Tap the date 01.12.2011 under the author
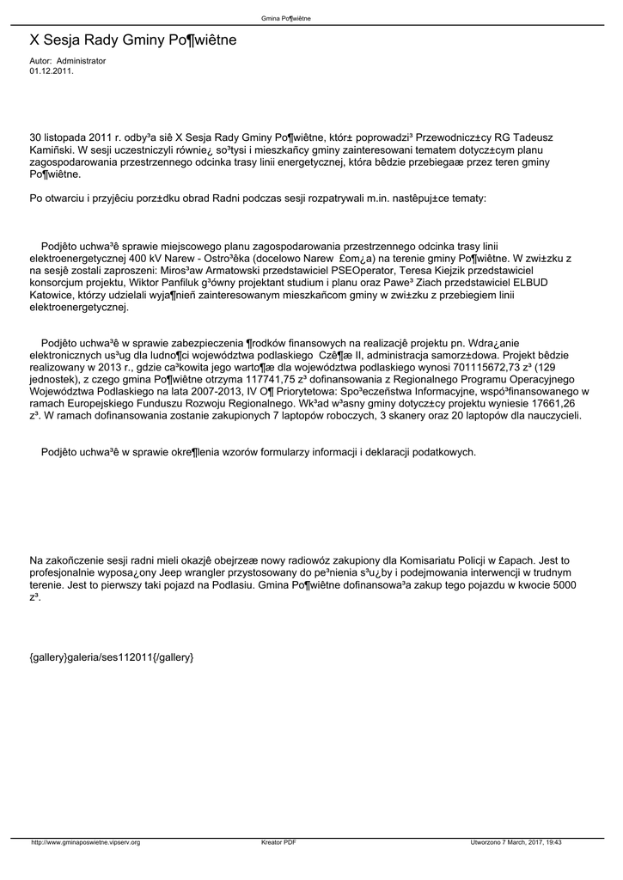pos(52,71)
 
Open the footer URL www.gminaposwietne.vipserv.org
pos(86,842)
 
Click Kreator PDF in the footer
pos(278,842)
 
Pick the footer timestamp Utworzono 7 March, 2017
pos(505,842)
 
